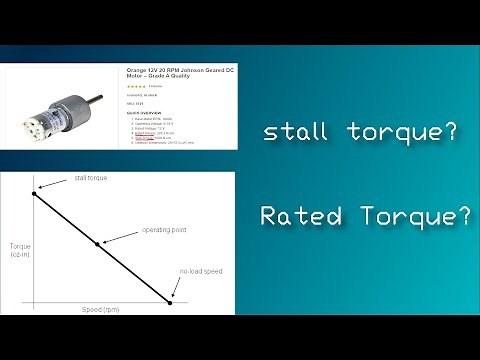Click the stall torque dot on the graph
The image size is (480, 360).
pyautogui.click(x=34, y=193)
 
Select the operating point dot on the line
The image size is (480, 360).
pyautogui.click(x=97, y=243)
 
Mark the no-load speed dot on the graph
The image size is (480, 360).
pyautogui.click(x=171, y=302)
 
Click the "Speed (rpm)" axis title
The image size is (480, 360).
pyautogui.click(x=103, y=311)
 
